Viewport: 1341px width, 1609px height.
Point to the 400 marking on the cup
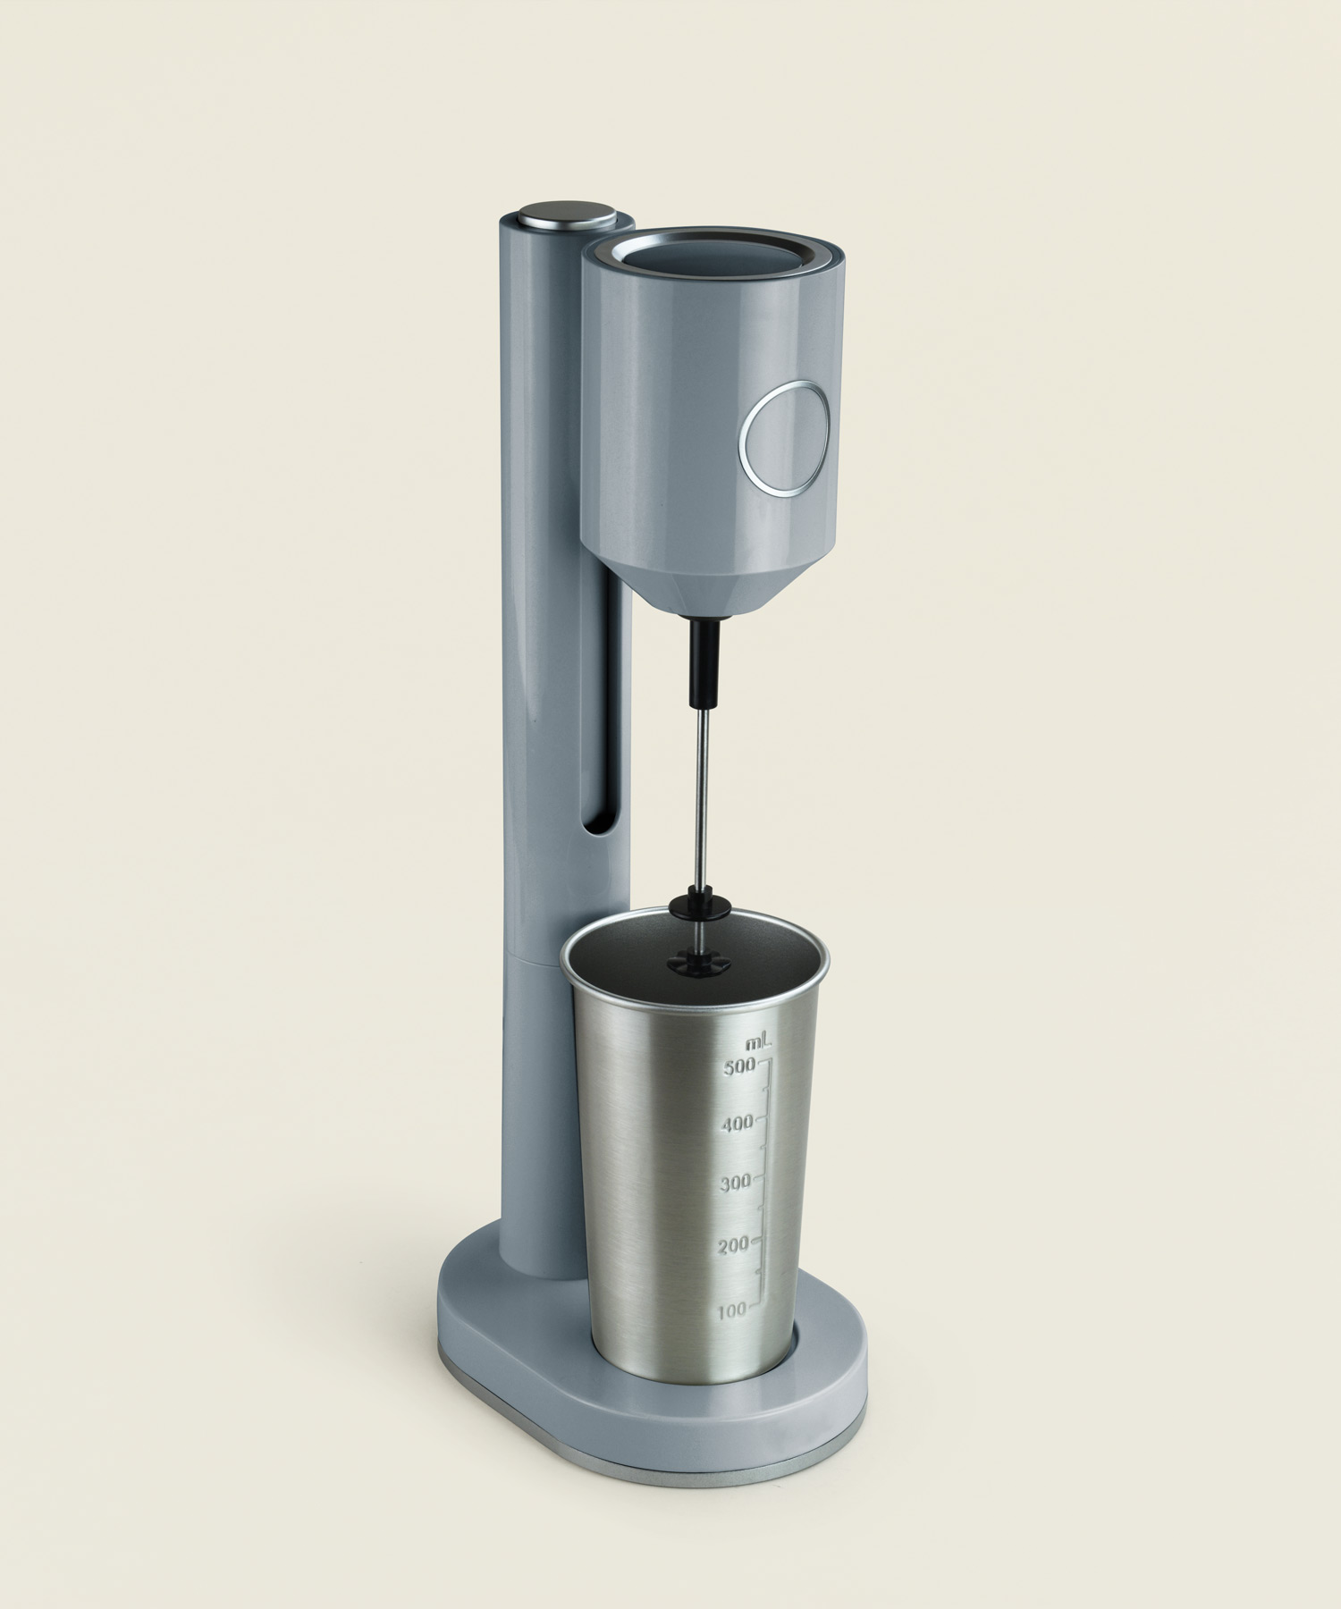click(x=737, y=1124)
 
